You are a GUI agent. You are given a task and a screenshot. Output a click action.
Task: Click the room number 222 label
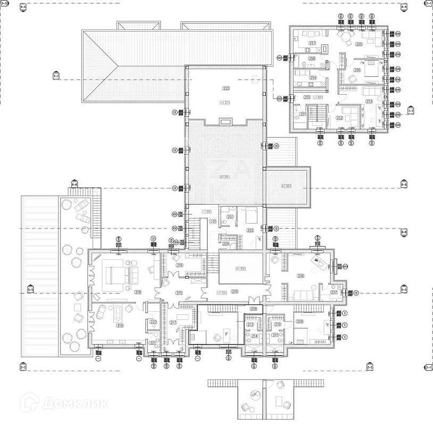(226, 88)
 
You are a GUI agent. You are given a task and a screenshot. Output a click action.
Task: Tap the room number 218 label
(123, 292)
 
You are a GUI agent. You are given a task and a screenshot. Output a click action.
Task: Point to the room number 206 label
(301, 276)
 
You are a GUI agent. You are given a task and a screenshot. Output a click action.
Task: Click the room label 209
(300, 321)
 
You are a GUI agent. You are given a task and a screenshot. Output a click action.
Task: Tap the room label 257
(312, 43)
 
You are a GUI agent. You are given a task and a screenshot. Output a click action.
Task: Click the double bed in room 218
(118, 275)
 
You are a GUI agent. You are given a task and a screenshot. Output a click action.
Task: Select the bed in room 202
(251, 216)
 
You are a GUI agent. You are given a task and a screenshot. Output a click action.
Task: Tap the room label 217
(172, 323)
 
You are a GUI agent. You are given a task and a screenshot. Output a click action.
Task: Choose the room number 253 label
(369, 101)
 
